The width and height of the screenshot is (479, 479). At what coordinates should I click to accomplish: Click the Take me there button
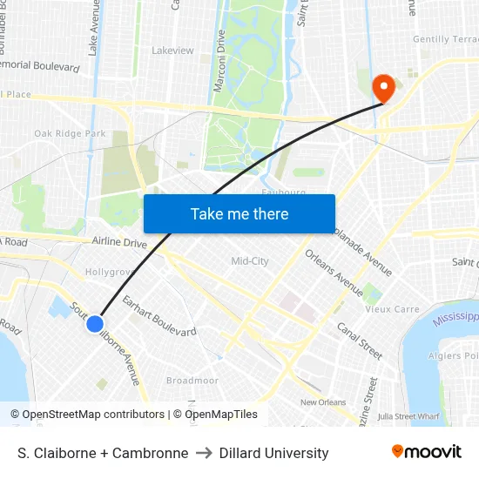(239, 213)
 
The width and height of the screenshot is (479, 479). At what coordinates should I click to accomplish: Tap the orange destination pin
(382, 88)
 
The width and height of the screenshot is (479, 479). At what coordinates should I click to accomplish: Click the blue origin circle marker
(95, 324)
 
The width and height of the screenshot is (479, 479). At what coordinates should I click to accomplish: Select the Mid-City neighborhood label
(250, 261)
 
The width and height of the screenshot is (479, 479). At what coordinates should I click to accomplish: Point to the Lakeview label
(172, 51)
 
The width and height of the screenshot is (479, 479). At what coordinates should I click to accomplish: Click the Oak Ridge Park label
(70, 133)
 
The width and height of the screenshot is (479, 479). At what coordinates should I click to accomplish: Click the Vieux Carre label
(391, 309)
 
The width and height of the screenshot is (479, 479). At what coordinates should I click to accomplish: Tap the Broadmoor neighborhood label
(192, 381)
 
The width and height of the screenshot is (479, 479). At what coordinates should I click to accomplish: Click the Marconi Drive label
(220, 61)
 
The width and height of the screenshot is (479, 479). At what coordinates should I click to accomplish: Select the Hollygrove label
(109, 272)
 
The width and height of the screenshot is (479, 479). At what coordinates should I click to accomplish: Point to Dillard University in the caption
(273, 453)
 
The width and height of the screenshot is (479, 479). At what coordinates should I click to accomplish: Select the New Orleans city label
(323, 402)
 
